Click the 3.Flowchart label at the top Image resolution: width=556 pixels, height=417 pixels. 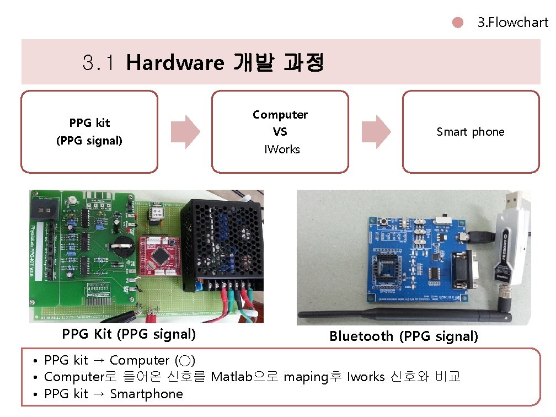[x=512, y=23]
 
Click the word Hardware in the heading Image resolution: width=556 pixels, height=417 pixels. [x=174, y=63]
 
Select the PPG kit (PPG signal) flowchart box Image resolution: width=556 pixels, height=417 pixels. [x=89, y=132]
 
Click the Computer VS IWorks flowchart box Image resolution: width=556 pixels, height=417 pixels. [x=280, y=132]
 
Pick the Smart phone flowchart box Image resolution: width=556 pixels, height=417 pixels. [x=471, y=132]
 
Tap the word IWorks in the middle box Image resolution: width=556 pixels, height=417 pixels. [x=281, y=149]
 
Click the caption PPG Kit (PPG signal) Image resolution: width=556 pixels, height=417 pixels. [x=129, y=334]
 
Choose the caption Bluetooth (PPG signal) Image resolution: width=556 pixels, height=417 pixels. [x=404, y=336]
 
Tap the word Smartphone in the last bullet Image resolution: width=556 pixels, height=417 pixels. [x=146, y=394]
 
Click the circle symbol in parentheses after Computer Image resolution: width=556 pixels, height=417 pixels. [x=185, y=361]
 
